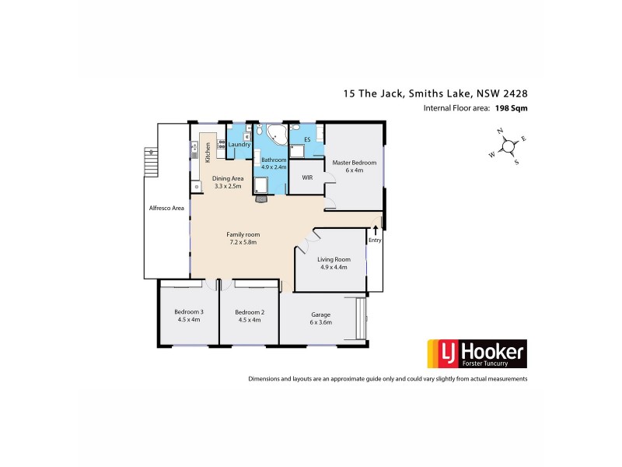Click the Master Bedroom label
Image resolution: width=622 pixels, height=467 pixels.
[x=354, y=163]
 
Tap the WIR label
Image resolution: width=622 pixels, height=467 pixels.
[x=307, y=178]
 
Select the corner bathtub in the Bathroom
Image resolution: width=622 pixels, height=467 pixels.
[x=276, y=136]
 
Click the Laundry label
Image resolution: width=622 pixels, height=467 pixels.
[x=239, y=145]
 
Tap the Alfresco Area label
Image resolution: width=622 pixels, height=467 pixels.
[x=166, y=209]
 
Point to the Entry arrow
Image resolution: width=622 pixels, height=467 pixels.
[x=376, y=230]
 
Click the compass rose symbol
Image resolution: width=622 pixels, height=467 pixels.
[x=508, y=146]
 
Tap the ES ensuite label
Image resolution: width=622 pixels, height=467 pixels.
[x=307, y=140]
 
